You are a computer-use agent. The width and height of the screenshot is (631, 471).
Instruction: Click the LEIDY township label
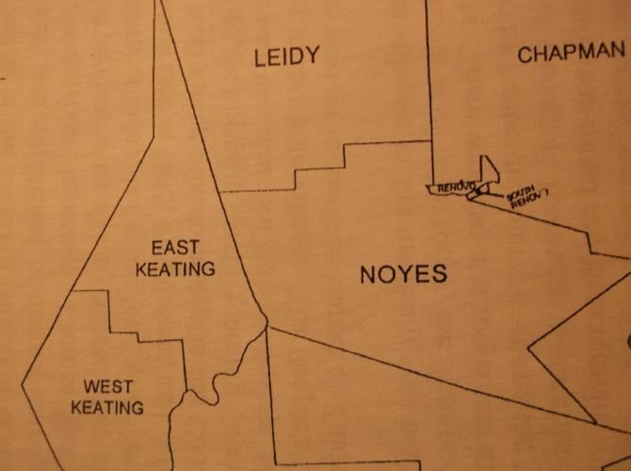coord(286,57)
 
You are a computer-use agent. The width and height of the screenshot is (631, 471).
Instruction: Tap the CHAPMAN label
coord(571,54)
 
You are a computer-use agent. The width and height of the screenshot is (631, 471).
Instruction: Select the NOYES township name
coord(403,275)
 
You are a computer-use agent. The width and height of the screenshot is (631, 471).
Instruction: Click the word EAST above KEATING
coord(175,248)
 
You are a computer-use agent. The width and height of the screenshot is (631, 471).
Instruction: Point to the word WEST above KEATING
coord(108,386)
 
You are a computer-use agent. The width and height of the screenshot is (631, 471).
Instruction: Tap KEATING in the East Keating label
coord(175,269)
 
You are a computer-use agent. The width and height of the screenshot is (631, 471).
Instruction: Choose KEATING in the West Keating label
coord(108,408)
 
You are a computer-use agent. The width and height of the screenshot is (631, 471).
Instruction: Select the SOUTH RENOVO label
coord(526,199)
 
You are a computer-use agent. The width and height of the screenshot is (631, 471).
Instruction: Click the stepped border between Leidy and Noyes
coord(320,170)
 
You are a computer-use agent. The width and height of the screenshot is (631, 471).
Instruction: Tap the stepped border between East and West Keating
coord(141,334)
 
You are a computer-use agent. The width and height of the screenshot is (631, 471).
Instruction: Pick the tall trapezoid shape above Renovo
coord(489,171)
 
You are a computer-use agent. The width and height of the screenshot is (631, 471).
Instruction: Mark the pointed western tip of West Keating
coord(23,383)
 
